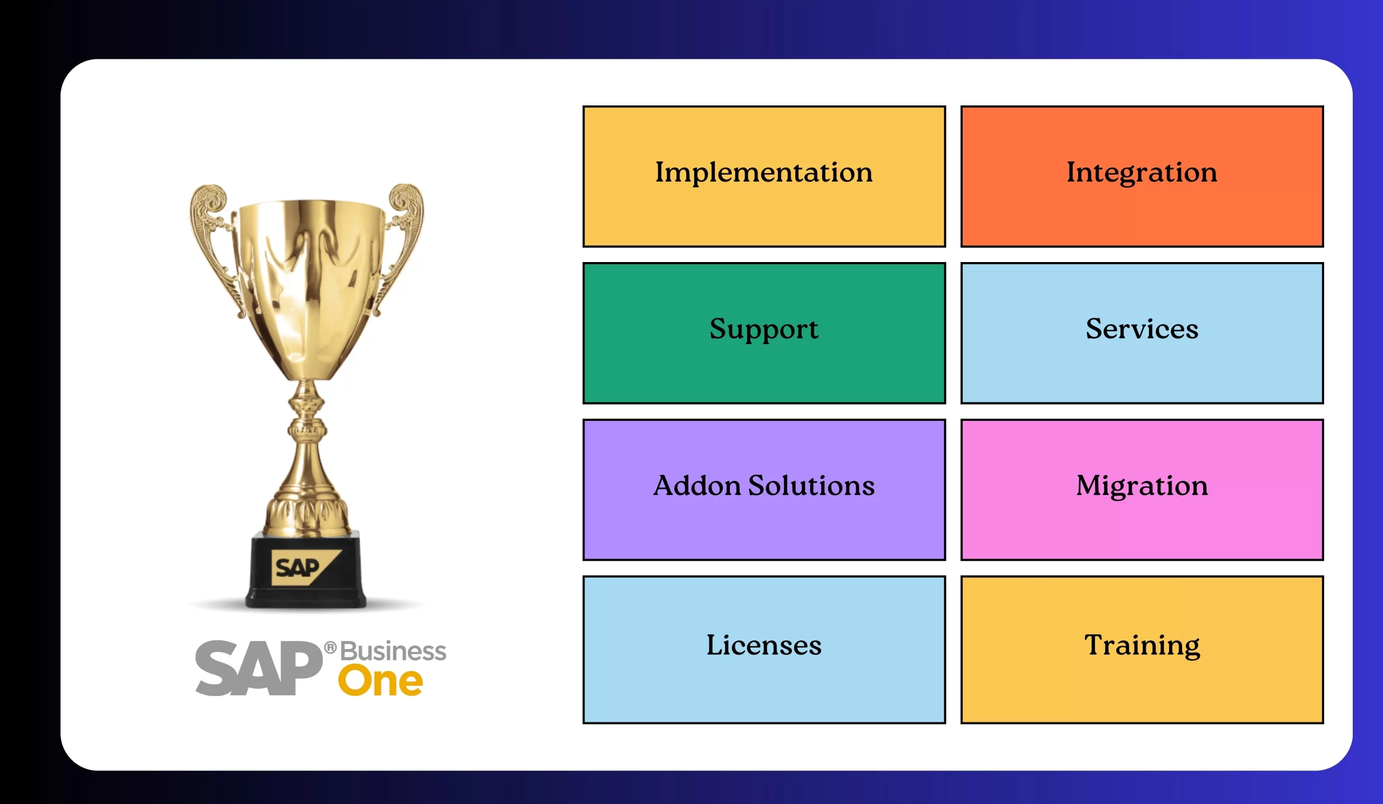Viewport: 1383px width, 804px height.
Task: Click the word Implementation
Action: pos(763,172)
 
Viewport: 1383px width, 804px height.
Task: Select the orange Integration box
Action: pos(1142,176)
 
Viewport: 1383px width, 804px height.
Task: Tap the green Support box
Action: pos(764,333)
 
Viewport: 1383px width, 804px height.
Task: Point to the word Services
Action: pos(1142,329)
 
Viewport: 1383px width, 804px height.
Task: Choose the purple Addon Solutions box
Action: pos(764,490)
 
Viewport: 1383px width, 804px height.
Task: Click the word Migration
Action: pos(1142,486)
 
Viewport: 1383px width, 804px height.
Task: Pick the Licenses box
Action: pos(764,650)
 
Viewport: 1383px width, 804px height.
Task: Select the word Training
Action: pos(1142,645)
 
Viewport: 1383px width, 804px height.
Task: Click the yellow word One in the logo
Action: pos(380,681)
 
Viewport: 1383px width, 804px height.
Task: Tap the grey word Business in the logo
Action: pos(393,652)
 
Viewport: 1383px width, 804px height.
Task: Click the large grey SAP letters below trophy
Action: pos(258,668)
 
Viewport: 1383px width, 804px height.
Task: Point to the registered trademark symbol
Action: pos(331,648)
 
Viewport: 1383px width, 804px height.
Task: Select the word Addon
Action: pos(697,486)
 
